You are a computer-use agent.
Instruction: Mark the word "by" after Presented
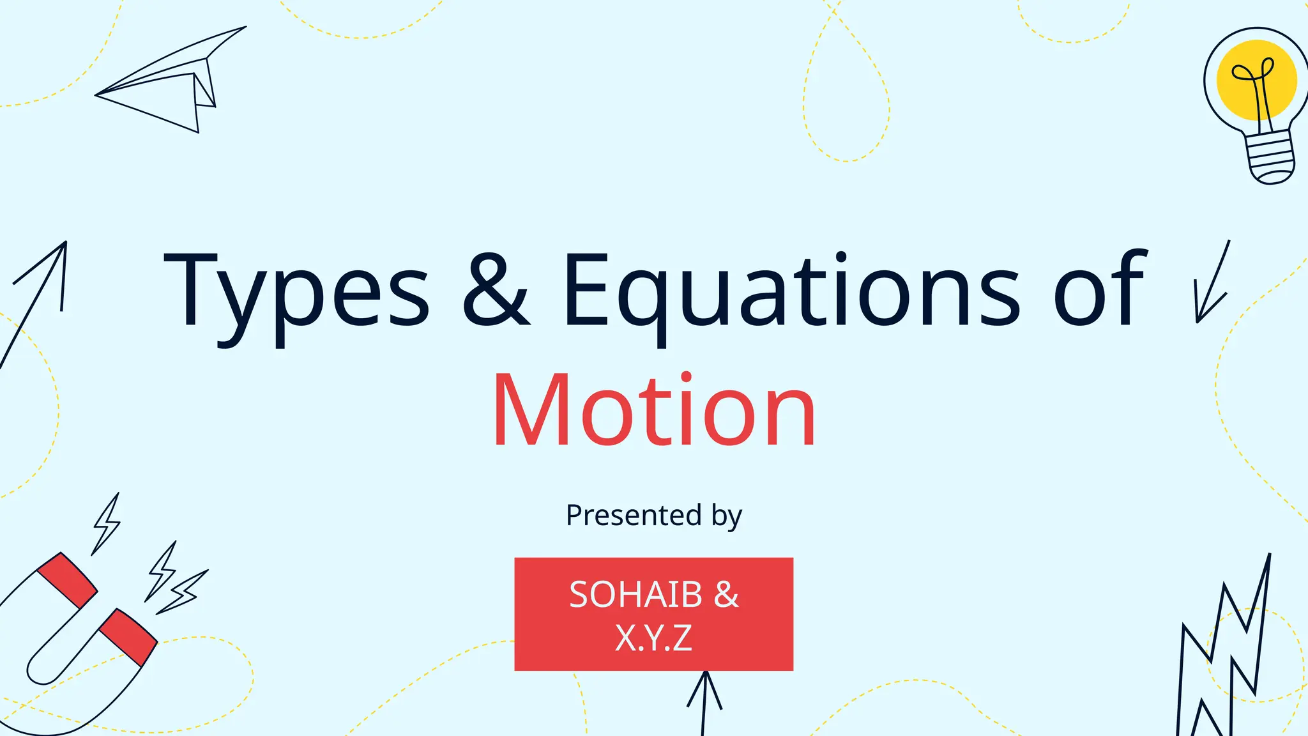(727, 516)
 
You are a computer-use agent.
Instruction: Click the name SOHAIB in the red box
(635, 594)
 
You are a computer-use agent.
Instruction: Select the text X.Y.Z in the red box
(653, 637)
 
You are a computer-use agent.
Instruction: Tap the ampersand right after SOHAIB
(726, 594)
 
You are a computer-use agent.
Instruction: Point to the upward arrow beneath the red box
(704, 700)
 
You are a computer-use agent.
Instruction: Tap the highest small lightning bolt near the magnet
(107, 524)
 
